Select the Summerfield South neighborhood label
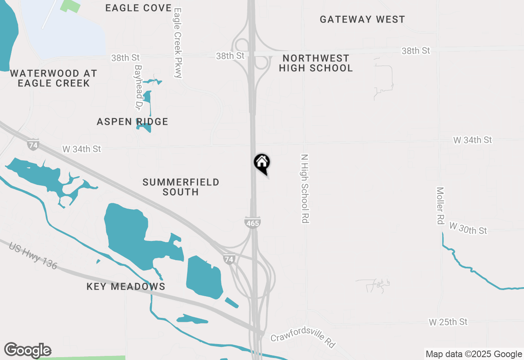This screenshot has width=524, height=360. [x=181, y=187]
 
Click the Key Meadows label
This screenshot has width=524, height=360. [x=126, y=286]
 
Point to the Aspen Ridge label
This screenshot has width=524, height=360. [x=133, y=122]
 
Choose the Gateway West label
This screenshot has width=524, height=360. [x=362, y=19]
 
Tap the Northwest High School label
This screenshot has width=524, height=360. [x=316, y=63]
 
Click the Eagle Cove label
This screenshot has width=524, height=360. [x=138, y=8]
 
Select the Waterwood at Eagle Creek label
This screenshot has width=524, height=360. [x=53, y=78]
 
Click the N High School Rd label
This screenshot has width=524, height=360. [x=304, y=189]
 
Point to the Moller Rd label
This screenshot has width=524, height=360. [x=440, y=206]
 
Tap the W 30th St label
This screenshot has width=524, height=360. [x=468, y=228]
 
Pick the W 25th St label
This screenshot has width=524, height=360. [x=448, y=322]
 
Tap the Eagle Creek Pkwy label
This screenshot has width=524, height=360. [x=178, y=43]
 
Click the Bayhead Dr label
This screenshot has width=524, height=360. [x=138, y=88]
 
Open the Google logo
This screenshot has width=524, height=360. [x=27, y=350]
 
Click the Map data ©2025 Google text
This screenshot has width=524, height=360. [x=473, y=354]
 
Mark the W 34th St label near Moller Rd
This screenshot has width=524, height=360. [x=472, y=140]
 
